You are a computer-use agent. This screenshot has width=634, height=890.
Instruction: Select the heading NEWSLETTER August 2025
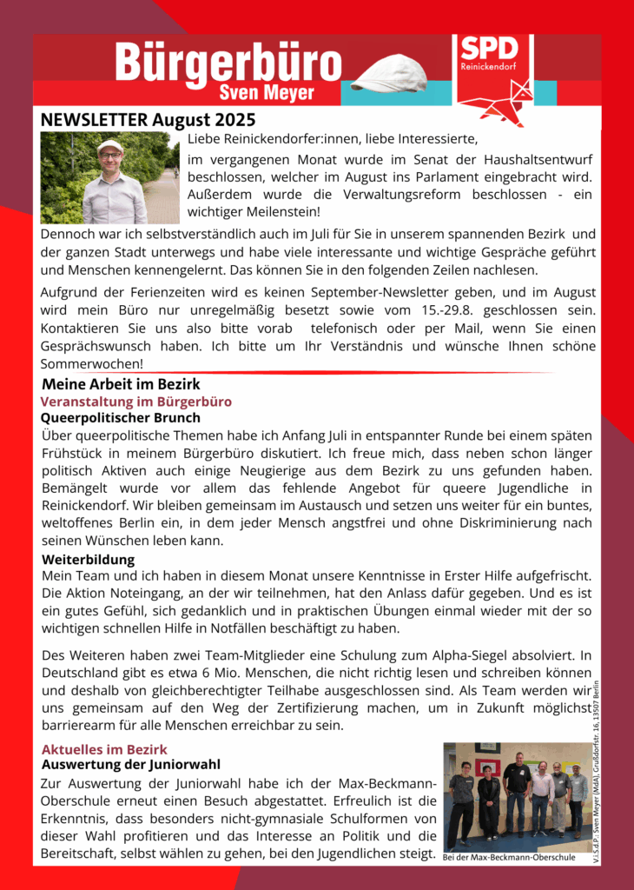[148, 120]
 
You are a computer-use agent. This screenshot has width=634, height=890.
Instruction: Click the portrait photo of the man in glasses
[109, 178]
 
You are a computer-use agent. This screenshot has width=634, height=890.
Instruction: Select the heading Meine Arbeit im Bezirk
[121, 383]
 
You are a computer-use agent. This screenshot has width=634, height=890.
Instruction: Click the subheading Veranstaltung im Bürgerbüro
[135, 402]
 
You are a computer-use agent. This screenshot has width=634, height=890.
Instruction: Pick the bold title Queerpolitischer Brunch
[121, 417]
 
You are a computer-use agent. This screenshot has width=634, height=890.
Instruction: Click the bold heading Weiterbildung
[88, 560]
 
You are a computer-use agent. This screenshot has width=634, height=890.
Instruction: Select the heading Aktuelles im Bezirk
[104, 749]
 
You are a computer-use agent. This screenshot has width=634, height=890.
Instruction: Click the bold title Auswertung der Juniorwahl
[131, 765]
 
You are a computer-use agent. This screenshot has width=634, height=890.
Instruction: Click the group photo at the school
[517, 795]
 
